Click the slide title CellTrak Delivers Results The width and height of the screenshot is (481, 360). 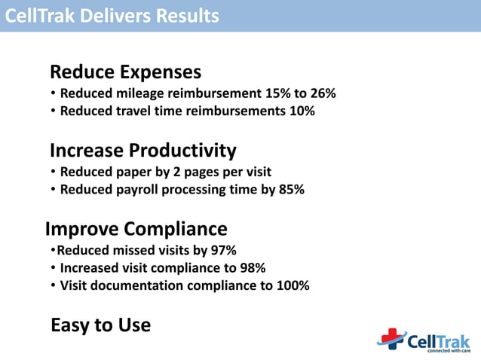click(x=112, y=15)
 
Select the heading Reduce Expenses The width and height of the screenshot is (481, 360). click(x=125, y=72)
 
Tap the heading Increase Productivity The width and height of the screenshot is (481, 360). click(x=142, y=150)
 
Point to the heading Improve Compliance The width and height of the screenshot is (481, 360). click(x=136, y=228)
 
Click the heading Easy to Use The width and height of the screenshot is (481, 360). click(x=100, y=325)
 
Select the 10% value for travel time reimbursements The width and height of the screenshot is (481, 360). click(x=300, y=111)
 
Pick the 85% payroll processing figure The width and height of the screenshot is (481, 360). click(x=291, y=189)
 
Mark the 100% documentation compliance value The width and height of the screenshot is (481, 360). click(x=293, y=285)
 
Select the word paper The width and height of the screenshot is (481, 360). click(x=133, y=172)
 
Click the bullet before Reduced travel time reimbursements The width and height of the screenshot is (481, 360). click(x=53, y=111)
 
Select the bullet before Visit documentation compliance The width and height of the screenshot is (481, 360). click(x=53, y=286)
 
